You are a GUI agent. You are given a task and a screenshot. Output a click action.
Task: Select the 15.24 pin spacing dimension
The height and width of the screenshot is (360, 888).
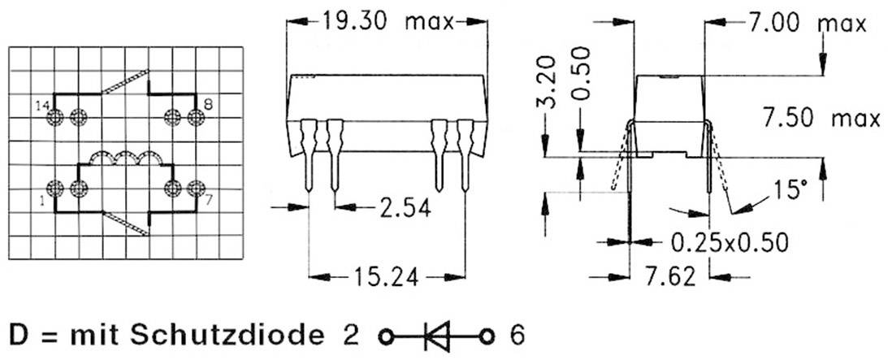pos(386,277)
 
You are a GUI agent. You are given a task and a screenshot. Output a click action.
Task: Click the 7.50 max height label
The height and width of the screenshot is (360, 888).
pos(821,119)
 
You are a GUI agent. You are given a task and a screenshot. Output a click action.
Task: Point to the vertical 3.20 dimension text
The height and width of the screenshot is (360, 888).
pos(548,81)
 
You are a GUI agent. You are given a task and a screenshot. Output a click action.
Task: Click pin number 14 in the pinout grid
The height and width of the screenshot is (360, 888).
pos(42,106)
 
